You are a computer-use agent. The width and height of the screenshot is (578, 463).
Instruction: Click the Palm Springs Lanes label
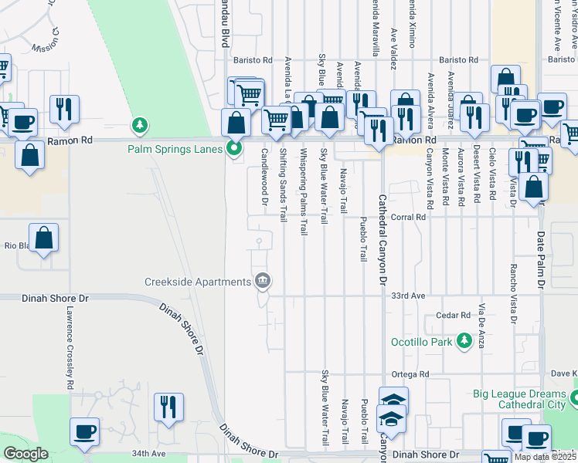point(176,148)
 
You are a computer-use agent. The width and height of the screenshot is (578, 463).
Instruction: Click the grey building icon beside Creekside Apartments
point(263,280)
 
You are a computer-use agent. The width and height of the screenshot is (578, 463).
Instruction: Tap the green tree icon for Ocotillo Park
point(464,340)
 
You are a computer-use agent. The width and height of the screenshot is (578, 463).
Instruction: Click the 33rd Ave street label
point(408,296)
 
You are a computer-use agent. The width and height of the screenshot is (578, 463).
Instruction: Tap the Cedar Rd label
point(453,315)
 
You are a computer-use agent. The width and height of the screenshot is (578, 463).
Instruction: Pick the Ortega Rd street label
point(410,374)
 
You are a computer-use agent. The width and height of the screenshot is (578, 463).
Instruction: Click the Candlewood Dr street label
point(264,181)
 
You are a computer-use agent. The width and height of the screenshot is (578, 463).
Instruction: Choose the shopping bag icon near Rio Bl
point(44,239)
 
